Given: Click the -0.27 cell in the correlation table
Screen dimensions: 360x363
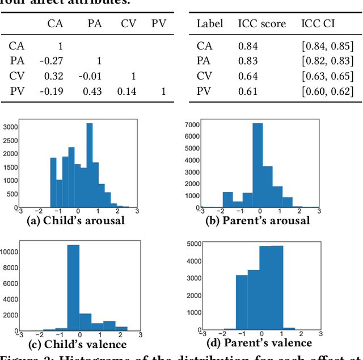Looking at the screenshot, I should coord(55,61).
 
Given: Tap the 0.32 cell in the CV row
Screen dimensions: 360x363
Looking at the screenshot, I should coord(55,76).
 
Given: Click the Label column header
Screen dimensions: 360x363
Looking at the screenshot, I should coord(210,24).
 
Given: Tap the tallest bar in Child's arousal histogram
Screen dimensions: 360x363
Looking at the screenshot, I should coord(89,165).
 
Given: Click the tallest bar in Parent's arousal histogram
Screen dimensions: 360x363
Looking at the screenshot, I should coord(258,165).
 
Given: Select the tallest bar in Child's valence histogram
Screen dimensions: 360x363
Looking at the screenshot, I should coord(73,287).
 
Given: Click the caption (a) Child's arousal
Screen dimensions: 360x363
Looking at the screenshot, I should coord(76,220).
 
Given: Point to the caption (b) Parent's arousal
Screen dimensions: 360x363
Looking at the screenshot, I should coord(258,220).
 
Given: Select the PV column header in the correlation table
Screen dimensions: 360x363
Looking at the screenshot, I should coord(158,24).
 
